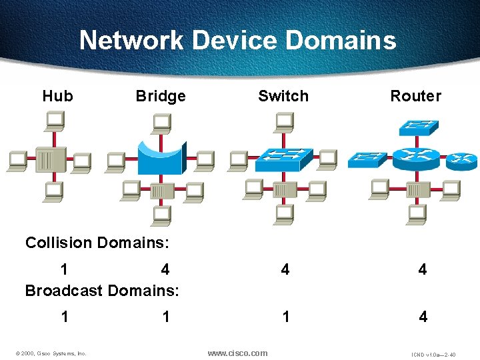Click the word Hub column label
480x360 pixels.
57,96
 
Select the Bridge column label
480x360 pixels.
161,96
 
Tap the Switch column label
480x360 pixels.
283,96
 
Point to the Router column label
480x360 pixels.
415,96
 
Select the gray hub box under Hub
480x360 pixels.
52,159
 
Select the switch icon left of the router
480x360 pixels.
367,159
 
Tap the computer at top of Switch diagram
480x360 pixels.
285,122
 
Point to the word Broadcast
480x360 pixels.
63,291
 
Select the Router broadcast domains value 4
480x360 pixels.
423,317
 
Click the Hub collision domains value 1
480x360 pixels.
64,269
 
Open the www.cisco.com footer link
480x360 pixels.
237,353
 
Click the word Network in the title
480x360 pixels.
132,41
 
